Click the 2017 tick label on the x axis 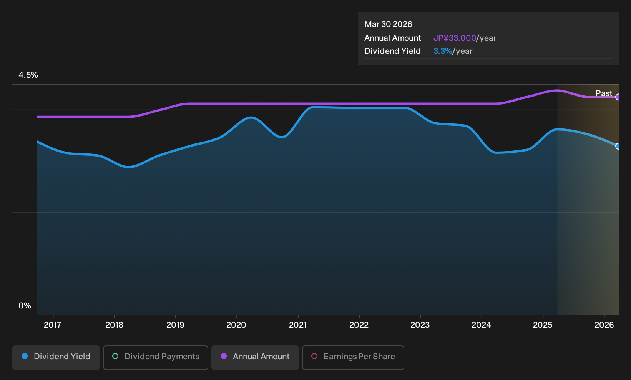pos(53,325)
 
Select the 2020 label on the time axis pos(236,325)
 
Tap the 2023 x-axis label pos(420,325)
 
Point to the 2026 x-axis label pos(604,325)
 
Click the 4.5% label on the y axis pos(28,75)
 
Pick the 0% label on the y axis pos(25,306)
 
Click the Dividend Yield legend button pos(56,357)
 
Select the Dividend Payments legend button pos(156,357)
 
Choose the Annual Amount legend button pos(255,357)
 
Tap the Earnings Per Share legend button pos(353,357)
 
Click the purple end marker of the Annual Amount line pos(618,97)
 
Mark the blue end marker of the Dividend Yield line pos(618,146)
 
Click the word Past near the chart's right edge pos(604,93)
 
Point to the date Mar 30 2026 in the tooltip pos(388,24)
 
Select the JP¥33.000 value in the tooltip pos(455,38)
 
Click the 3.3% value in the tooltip pos(443,51)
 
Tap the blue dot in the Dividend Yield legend pos(25,356)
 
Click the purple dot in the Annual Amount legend pos(224,356)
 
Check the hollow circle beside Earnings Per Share pos(314,356)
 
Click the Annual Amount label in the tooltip pos(392,38)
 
